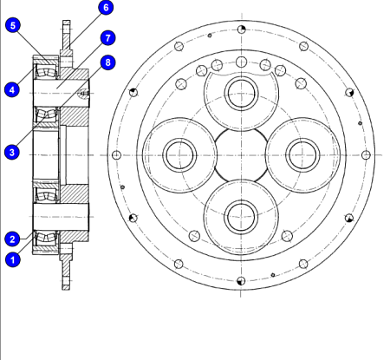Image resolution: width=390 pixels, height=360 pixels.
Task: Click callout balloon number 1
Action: [13, 259]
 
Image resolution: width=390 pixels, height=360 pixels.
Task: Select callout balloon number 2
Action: [12, 239]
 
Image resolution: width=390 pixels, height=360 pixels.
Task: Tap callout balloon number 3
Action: [12, 152]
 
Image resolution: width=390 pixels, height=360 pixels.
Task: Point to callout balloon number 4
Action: [12, 89]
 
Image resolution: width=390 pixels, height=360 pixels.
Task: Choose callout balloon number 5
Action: [13, 25]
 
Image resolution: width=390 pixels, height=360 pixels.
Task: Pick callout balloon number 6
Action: [106, 7]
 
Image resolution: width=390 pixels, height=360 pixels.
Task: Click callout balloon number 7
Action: [107, 38]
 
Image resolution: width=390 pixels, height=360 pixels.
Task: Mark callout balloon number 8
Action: [107, 62]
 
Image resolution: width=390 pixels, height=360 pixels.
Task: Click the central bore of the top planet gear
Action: [241, 94]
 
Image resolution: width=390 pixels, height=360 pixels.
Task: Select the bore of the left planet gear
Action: [179, 155]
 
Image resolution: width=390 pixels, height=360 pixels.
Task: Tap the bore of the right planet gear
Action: [302, 155]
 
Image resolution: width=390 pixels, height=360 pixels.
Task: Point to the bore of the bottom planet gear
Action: [241, 217]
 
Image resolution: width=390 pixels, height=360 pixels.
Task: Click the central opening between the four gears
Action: [241, 155]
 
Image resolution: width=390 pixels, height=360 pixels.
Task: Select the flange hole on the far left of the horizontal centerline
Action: [116, 155]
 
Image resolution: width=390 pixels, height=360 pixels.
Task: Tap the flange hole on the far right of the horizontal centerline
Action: [366, 155]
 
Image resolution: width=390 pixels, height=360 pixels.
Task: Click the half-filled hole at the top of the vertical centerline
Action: [242, 29]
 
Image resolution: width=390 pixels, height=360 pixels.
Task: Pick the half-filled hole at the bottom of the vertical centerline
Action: [241, 281]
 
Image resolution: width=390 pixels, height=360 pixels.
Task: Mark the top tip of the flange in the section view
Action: [67, 21]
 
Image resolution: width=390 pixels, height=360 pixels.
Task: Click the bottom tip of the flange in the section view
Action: [66, 289]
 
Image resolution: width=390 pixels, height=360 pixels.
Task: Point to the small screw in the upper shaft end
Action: [84, 94]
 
